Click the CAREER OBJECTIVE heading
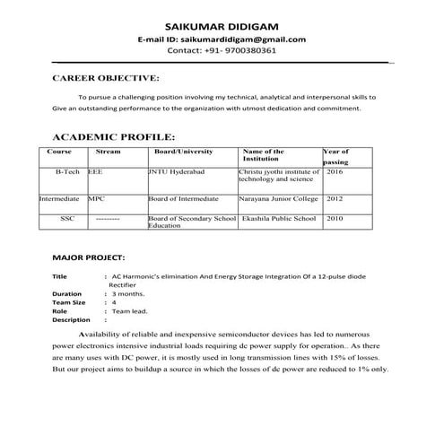(107, 79)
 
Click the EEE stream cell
(95, 170)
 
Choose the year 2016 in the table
(335, 170)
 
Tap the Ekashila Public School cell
(279, 218)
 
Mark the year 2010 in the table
(335, 218)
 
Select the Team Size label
(70, 302)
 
